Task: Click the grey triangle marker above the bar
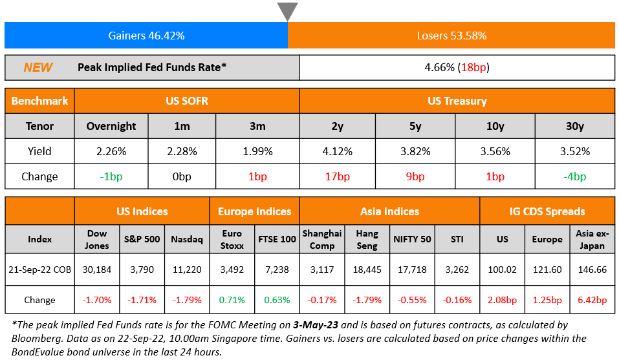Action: click(287, 11)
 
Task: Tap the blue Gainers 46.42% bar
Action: click(146, 36)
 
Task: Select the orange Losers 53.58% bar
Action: click(451, 36)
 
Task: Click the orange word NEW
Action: click(38, 67)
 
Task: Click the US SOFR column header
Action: click(186, 101)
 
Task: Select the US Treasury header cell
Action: click(457, 101)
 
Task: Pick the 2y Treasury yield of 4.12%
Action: click(337, 151)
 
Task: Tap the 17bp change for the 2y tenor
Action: click(337, 176)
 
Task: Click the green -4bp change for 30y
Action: click(575, 176)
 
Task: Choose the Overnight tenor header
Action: click(111, 126)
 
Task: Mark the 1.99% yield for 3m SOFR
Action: click(257, 151)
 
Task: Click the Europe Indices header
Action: click(254, 211)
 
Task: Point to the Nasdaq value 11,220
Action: click(186, 270)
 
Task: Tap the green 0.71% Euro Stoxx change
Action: click(232, 300)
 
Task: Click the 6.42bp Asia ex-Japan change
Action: click(592, 300)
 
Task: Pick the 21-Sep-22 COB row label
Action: click(40, 270)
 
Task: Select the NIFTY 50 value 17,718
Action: click(413, 270)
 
